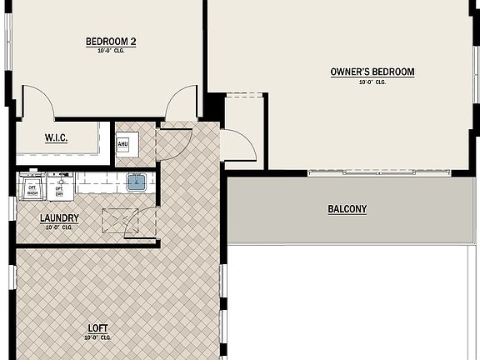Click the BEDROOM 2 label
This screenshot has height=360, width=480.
click(110, 41)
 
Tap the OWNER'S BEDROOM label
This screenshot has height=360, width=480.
click(372, 72)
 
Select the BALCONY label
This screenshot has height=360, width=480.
click(347, 209)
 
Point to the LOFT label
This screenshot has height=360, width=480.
click(97, 327)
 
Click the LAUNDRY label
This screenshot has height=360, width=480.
click(59, 218)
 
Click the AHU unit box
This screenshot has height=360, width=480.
click(122, 143)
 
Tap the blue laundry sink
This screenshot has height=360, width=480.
click(137, 182)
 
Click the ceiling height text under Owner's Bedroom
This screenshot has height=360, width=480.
click(372, 82)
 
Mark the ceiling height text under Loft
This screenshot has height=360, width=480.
click(97, 337)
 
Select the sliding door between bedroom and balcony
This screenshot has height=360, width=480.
click(361, 172)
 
